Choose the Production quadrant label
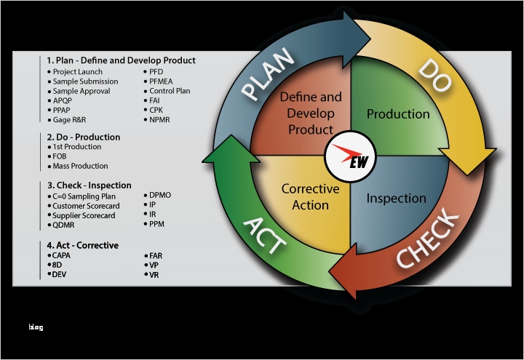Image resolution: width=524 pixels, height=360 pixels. point(398,114)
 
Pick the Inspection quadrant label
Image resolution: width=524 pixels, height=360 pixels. point(396,198)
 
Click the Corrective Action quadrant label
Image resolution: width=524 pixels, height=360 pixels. point(310,196)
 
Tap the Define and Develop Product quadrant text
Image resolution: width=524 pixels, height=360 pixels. point(310,113)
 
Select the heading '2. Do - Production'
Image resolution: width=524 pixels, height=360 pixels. point(83,137)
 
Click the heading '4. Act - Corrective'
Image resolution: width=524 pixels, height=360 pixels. point(82,245)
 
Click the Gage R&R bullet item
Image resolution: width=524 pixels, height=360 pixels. point(70,119)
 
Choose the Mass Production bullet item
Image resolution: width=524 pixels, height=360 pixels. point(80,166)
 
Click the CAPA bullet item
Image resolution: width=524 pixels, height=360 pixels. point(62,255)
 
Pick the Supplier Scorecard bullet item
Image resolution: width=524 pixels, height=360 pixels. point(84,215)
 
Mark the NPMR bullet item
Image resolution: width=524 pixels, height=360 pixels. point(161,119)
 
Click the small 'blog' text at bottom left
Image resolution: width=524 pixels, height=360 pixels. point(36,327)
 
